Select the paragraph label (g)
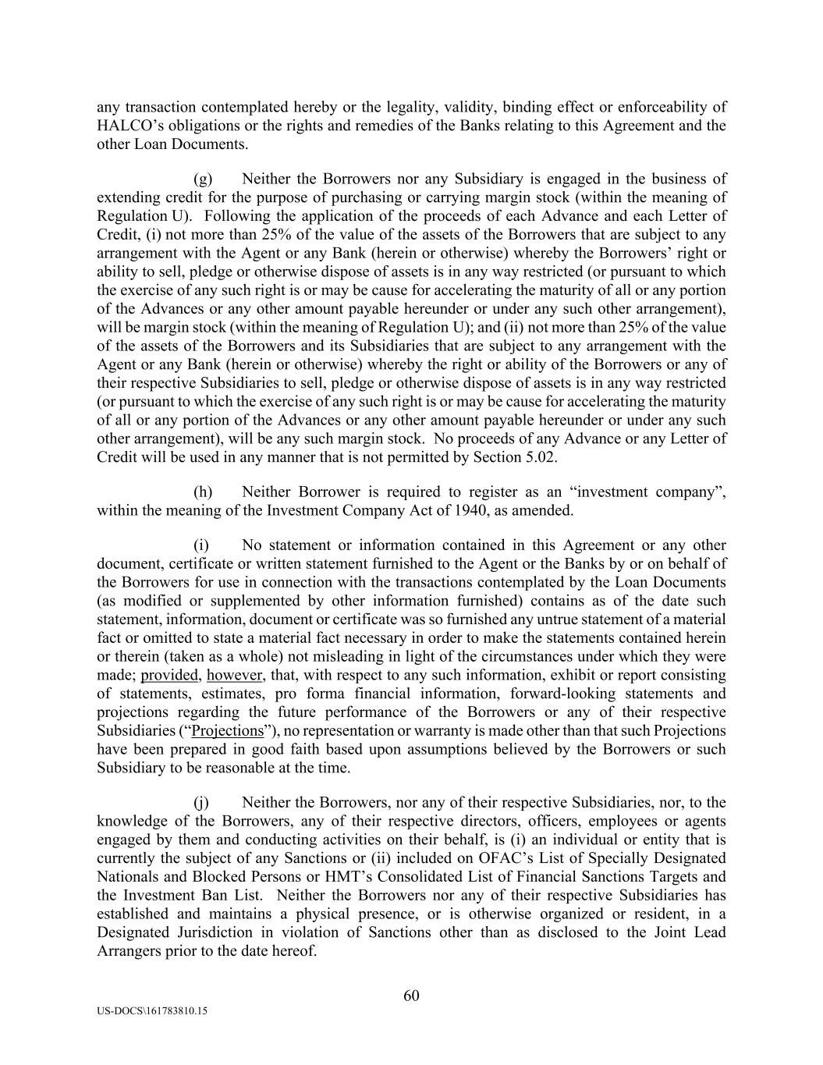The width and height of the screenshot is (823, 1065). (x=203, y=179)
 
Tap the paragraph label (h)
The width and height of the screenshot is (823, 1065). (x=203, y=492)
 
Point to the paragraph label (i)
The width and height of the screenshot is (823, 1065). (x=202, y=545)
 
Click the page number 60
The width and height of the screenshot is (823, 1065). (x=412, y=996)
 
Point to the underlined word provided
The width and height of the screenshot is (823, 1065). (x=169, y=675)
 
